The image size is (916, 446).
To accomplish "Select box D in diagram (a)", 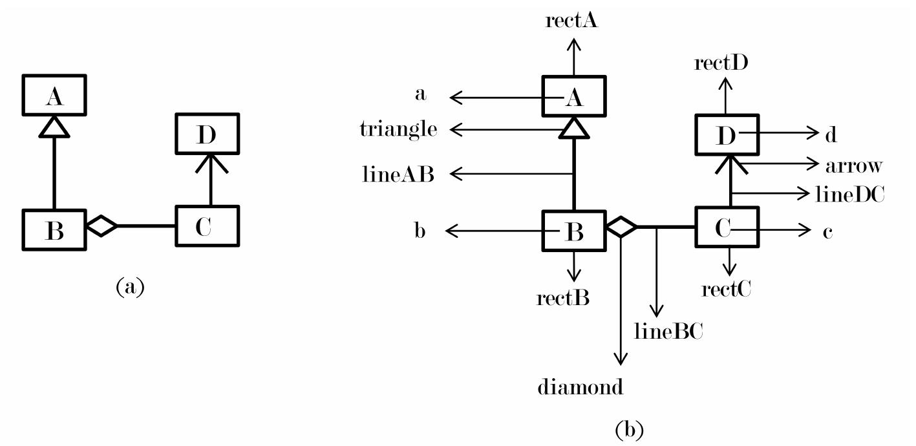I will [x=208, y=134].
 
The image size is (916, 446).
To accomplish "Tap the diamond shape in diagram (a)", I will [x=101, y=226].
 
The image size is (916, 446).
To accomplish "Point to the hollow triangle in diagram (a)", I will [x=54, y=127].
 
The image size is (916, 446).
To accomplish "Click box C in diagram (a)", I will [x=207, y=226].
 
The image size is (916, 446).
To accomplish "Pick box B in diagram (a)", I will [x=54, y=230].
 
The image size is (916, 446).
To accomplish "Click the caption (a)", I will [x=130, y=286].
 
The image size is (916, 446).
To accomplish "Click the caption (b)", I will [x=629, y=429].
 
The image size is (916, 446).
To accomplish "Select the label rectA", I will [x=571, y=21].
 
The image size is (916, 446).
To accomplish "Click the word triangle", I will [x=398, y=130].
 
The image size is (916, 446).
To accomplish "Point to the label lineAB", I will [x=399, y=174].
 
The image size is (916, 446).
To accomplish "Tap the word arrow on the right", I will [x=853, y=165].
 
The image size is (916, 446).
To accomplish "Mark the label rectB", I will [x=563, y=298].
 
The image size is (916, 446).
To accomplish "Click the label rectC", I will [x=727, y=289].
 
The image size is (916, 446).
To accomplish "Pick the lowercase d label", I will [x=830, y=135].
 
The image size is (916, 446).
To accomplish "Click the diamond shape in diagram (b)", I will [x=621, y=227].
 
